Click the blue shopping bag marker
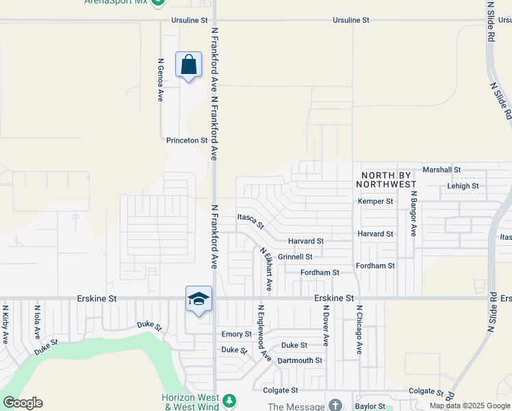(x=189, y=65)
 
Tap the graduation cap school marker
(x=199, y=299)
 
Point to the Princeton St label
(x=187, y=140)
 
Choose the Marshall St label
(x=442, y=169)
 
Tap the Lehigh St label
(x=463, y=186)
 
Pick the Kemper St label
(x=376, y=201)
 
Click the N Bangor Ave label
(x=413, y=213)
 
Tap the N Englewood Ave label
(x=260, y=332)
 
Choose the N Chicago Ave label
(x=358, y=329)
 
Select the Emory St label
(x=237, y=334)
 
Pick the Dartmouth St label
(x=300, y=360)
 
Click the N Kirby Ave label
(x=5, y=324)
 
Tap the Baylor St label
(x=370, y=406)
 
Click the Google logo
(x=23, y=403)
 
